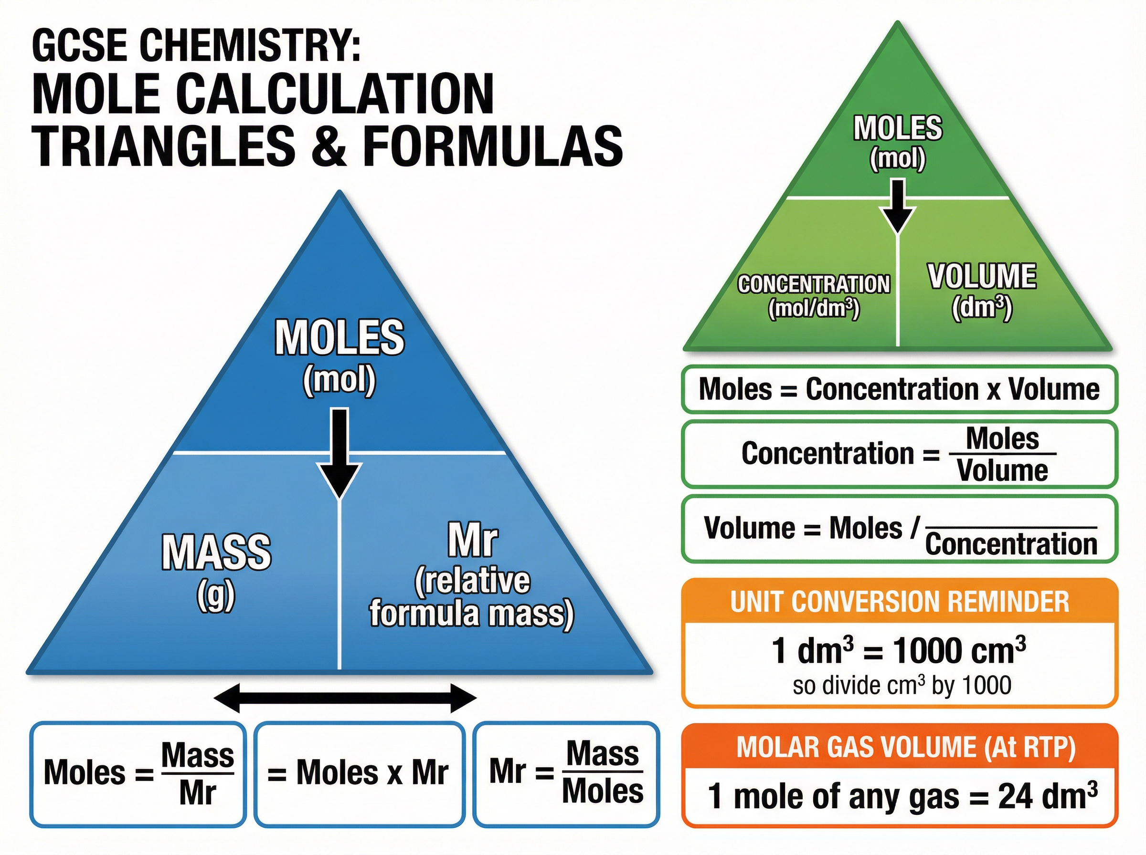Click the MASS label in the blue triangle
click(x=216, y=553)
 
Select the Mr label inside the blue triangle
click(x=473, y=541)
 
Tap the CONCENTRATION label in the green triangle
click(x=814, y=284)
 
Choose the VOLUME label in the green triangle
click(x=982, y=277)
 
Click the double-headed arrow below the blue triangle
click(x=345, y=698)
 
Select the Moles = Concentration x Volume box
click(x=899, y=389)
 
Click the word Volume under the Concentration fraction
click(x=1002, y=471)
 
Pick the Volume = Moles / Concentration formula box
click(x=899, y=529)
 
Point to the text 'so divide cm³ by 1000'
click(x=902, y=685)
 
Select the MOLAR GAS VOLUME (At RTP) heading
click(x=906, y=747)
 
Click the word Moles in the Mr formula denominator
click(x=602, y=792)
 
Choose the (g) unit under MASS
click(x=216, y=597)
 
